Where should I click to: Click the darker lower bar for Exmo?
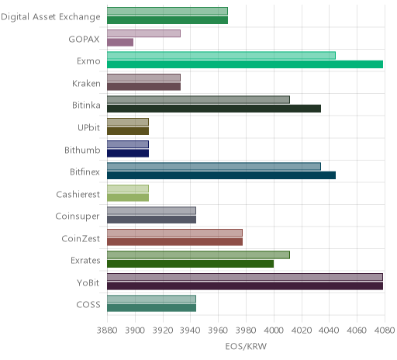point(245,64)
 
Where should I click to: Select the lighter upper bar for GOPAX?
point(143,33)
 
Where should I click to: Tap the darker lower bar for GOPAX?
point(120,43)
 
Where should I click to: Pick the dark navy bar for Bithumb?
point(128,154)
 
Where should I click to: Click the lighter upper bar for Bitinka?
point(198,100)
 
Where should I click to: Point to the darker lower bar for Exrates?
point(191,264)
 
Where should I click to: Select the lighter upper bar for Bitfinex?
point(214,166)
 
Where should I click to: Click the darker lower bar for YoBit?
point(245,286)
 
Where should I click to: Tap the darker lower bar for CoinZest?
point(175,242)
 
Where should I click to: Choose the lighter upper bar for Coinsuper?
point(151,211)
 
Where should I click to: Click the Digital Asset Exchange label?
point(50,17)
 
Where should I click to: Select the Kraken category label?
point(86,83)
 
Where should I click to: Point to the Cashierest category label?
point(78,194)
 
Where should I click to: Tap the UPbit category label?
point(88,127)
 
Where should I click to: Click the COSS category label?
point(88,305)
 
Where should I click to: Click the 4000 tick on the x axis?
point(274,331)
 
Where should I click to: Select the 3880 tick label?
point(107,331)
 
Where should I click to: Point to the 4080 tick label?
point(385,331)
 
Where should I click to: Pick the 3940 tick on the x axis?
point(190,331)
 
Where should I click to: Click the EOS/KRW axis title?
point(246,346)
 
